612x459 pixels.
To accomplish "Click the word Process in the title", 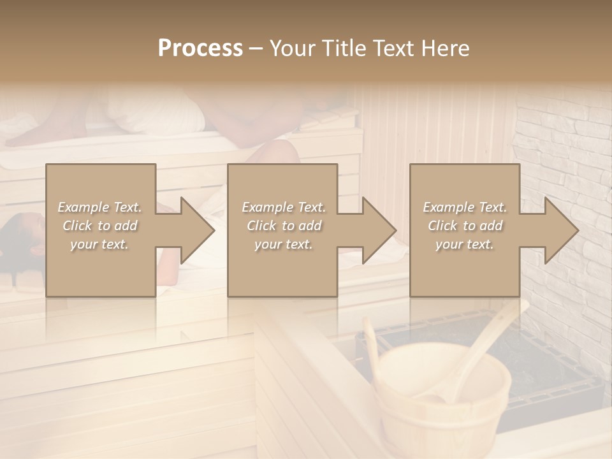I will tap(200, 48).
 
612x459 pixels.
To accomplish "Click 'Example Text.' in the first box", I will tap(99, 207).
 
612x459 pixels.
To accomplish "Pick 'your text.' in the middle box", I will tap(283, 244).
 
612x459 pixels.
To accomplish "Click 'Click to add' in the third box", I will tap(465, 226).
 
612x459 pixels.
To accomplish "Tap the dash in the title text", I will tap(256, 48).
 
